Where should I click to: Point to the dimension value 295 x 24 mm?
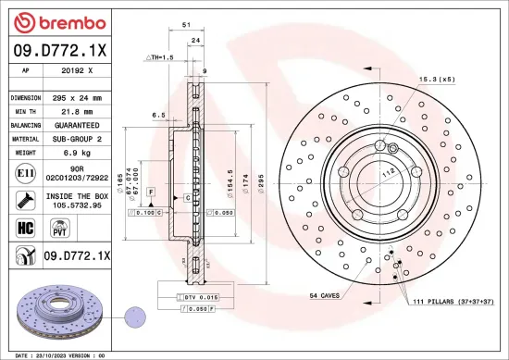coord(76,97)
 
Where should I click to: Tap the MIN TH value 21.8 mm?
coord(76,110)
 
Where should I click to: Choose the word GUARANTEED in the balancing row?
coord(76,124)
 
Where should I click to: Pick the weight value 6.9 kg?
coord(76,151)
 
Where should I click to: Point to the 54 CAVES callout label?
coord(324,295)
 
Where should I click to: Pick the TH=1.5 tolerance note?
coord(160,57)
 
